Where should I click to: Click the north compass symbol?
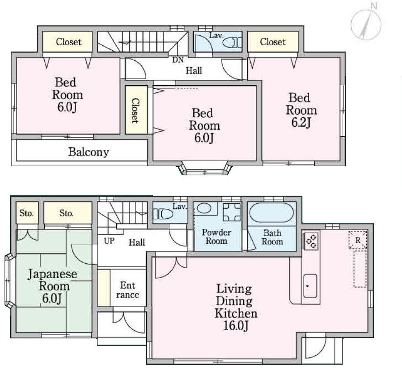pyautogui.click(x=366, y=23)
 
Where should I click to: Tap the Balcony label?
pyautogui.click(x=88, y=152)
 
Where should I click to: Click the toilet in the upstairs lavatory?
pyautogui.click(x=234, y=43)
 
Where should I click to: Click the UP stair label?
pyautogui.click(x=109, y=241)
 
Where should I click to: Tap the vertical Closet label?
pyautogui.click(x=134, y=111)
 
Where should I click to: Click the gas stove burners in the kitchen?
pyautogui.click(x=311, y=240)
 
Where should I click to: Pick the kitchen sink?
pyautogui.click(x=310, y=286)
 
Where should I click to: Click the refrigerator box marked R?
pyautogui.click(x=358, y=241)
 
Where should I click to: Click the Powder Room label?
pyautogui.click(x=216, y=237)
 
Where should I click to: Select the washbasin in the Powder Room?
pyautogui.click(x=205, y=209)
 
